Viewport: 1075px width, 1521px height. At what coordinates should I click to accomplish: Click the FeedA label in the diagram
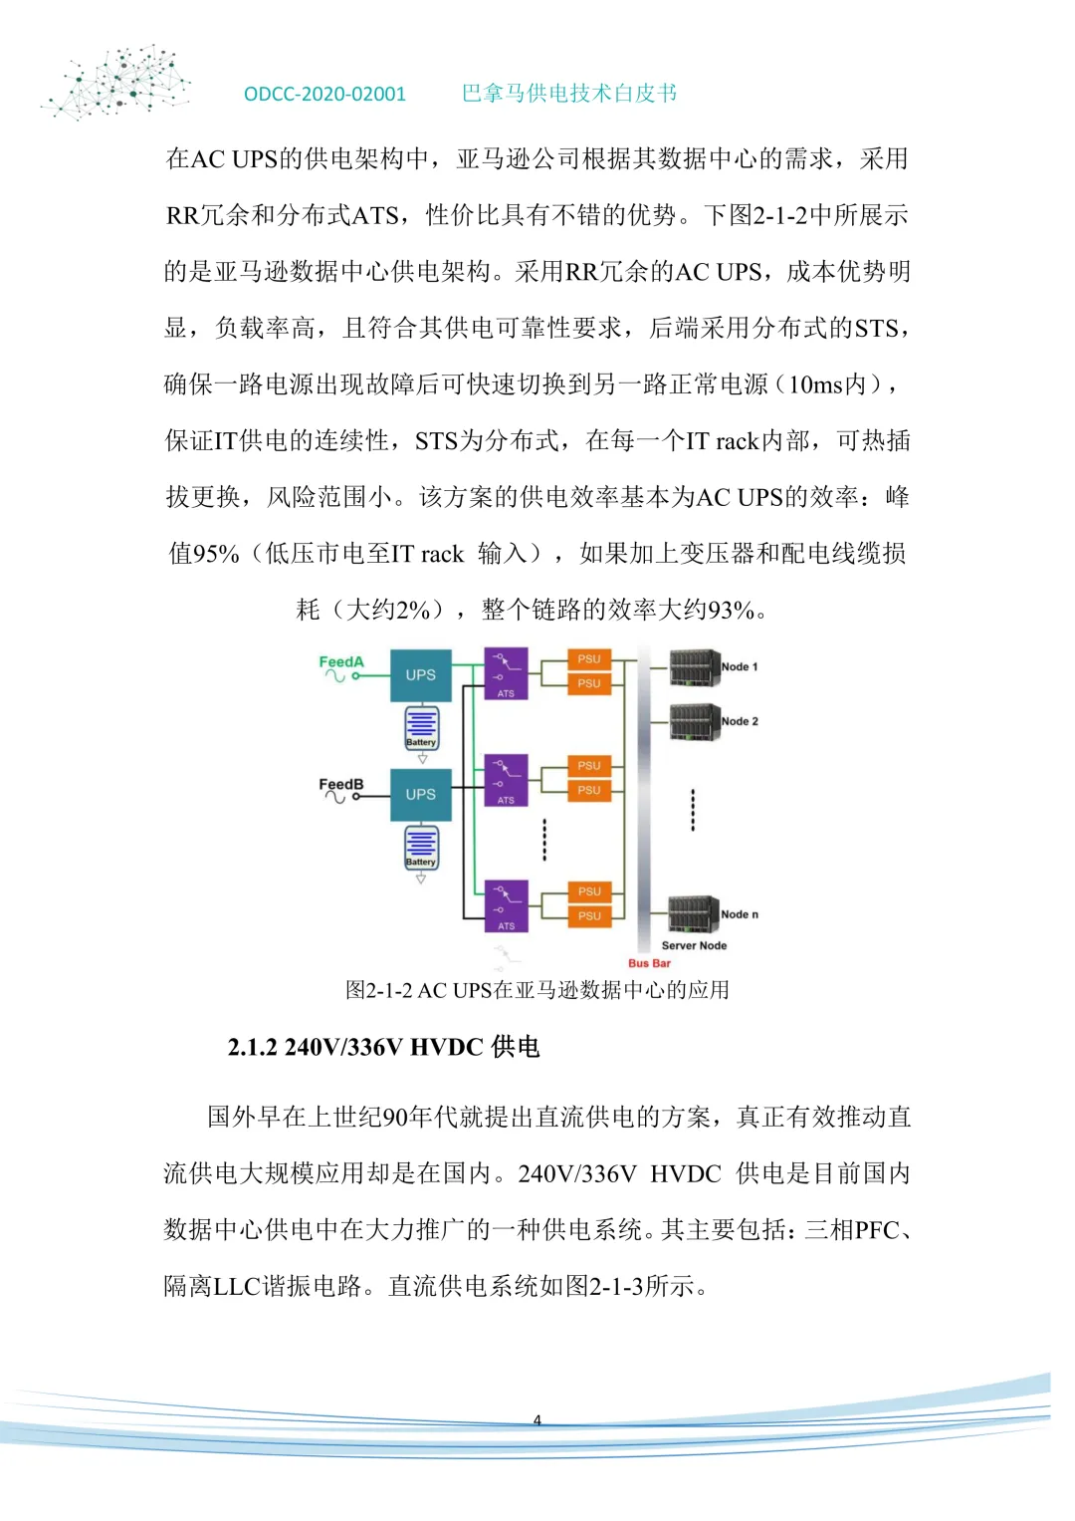pyautogui.click(x=341, y=661)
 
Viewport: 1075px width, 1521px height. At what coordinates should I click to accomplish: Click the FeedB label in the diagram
pyautogui.click(x=340, y=784)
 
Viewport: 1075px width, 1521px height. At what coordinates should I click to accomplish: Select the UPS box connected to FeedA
pyautogui.click(x=420, y=675)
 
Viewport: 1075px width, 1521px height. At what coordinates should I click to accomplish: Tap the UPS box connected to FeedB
pyautogui.click(x=420, y=795)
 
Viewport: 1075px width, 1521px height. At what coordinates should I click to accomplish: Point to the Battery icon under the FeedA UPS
pyautogui.click(x=421, y=728)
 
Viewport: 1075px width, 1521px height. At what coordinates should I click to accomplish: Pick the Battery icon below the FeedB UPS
pyautogui.click(x=421, y=848)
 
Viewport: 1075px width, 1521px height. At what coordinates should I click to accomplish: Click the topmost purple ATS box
pyautogui.click(x=506, y=673)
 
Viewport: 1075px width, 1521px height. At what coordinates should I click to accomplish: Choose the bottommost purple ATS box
pyautogui.click(x=506, y=906)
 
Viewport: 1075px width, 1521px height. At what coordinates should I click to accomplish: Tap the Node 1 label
pyautogui.click(x=740, y=666)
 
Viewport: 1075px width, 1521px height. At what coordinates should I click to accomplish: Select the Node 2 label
pyautogui.click(x=740, y=721)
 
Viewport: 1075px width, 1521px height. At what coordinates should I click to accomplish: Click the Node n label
pyautogui.click(x=740, y=914)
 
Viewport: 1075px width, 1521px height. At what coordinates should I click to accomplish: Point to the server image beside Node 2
pyautogui.click(x=694, y=721)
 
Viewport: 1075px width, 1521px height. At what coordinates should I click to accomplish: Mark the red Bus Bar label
pyautogui.click(x=649, y=963)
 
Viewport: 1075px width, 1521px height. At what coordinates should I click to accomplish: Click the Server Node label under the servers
pyautogui.click(x=694, y=945)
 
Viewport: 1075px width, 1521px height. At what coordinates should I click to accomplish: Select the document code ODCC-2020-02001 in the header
pyautogui.click(x=324, y=94)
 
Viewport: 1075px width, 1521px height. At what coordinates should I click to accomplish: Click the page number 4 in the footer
pyautogui.click(x=537, y=1420)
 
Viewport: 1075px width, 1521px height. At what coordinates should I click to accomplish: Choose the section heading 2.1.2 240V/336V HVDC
pyautogui.click(x=383, y=1047)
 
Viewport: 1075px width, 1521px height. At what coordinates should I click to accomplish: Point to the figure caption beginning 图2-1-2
pyautogui.click(x=537, y=990)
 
